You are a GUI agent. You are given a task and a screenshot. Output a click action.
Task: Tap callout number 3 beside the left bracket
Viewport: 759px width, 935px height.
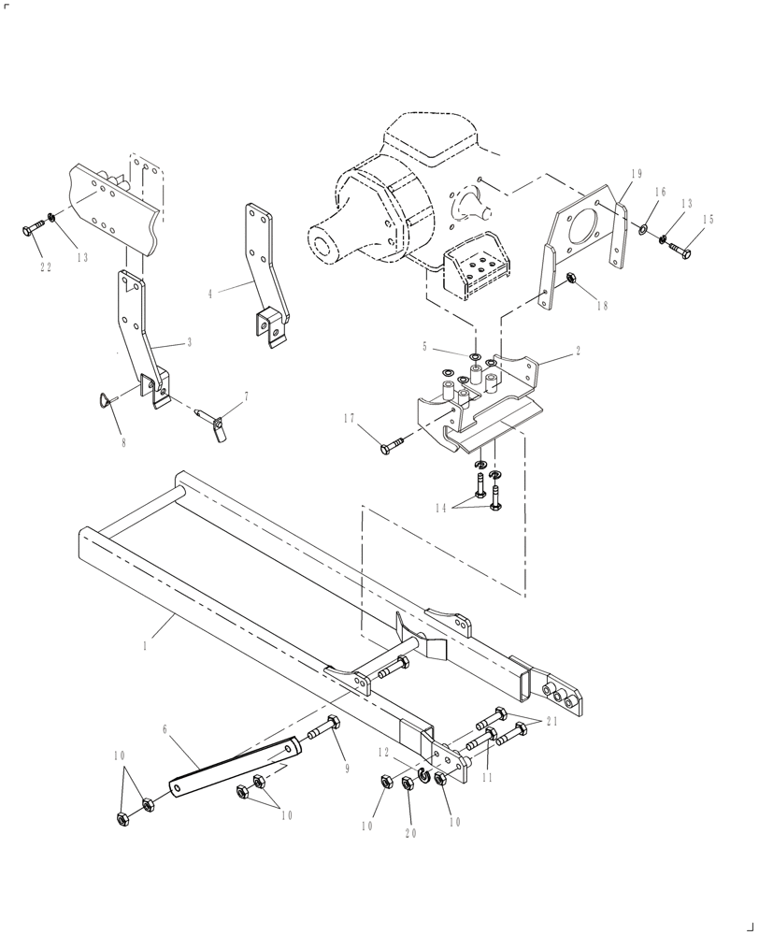pyautogui.click(x=189, y=343)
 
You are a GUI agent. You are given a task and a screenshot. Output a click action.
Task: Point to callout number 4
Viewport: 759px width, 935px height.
pyautogui.click(x=210, y=294)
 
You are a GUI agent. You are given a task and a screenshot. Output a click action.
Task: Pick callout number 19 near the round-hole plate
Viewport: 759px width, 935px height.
pyautogui.click(x=637, y=174)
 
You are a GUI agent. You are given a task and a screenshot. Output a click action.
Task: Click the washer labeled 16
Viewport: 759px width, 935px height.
pyautogui.click(x=645, y=229)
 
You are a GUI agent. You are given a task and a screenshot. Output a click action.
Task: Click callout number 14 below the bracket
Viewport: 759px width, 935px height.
pyautogui.click(x=440, y=508)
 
